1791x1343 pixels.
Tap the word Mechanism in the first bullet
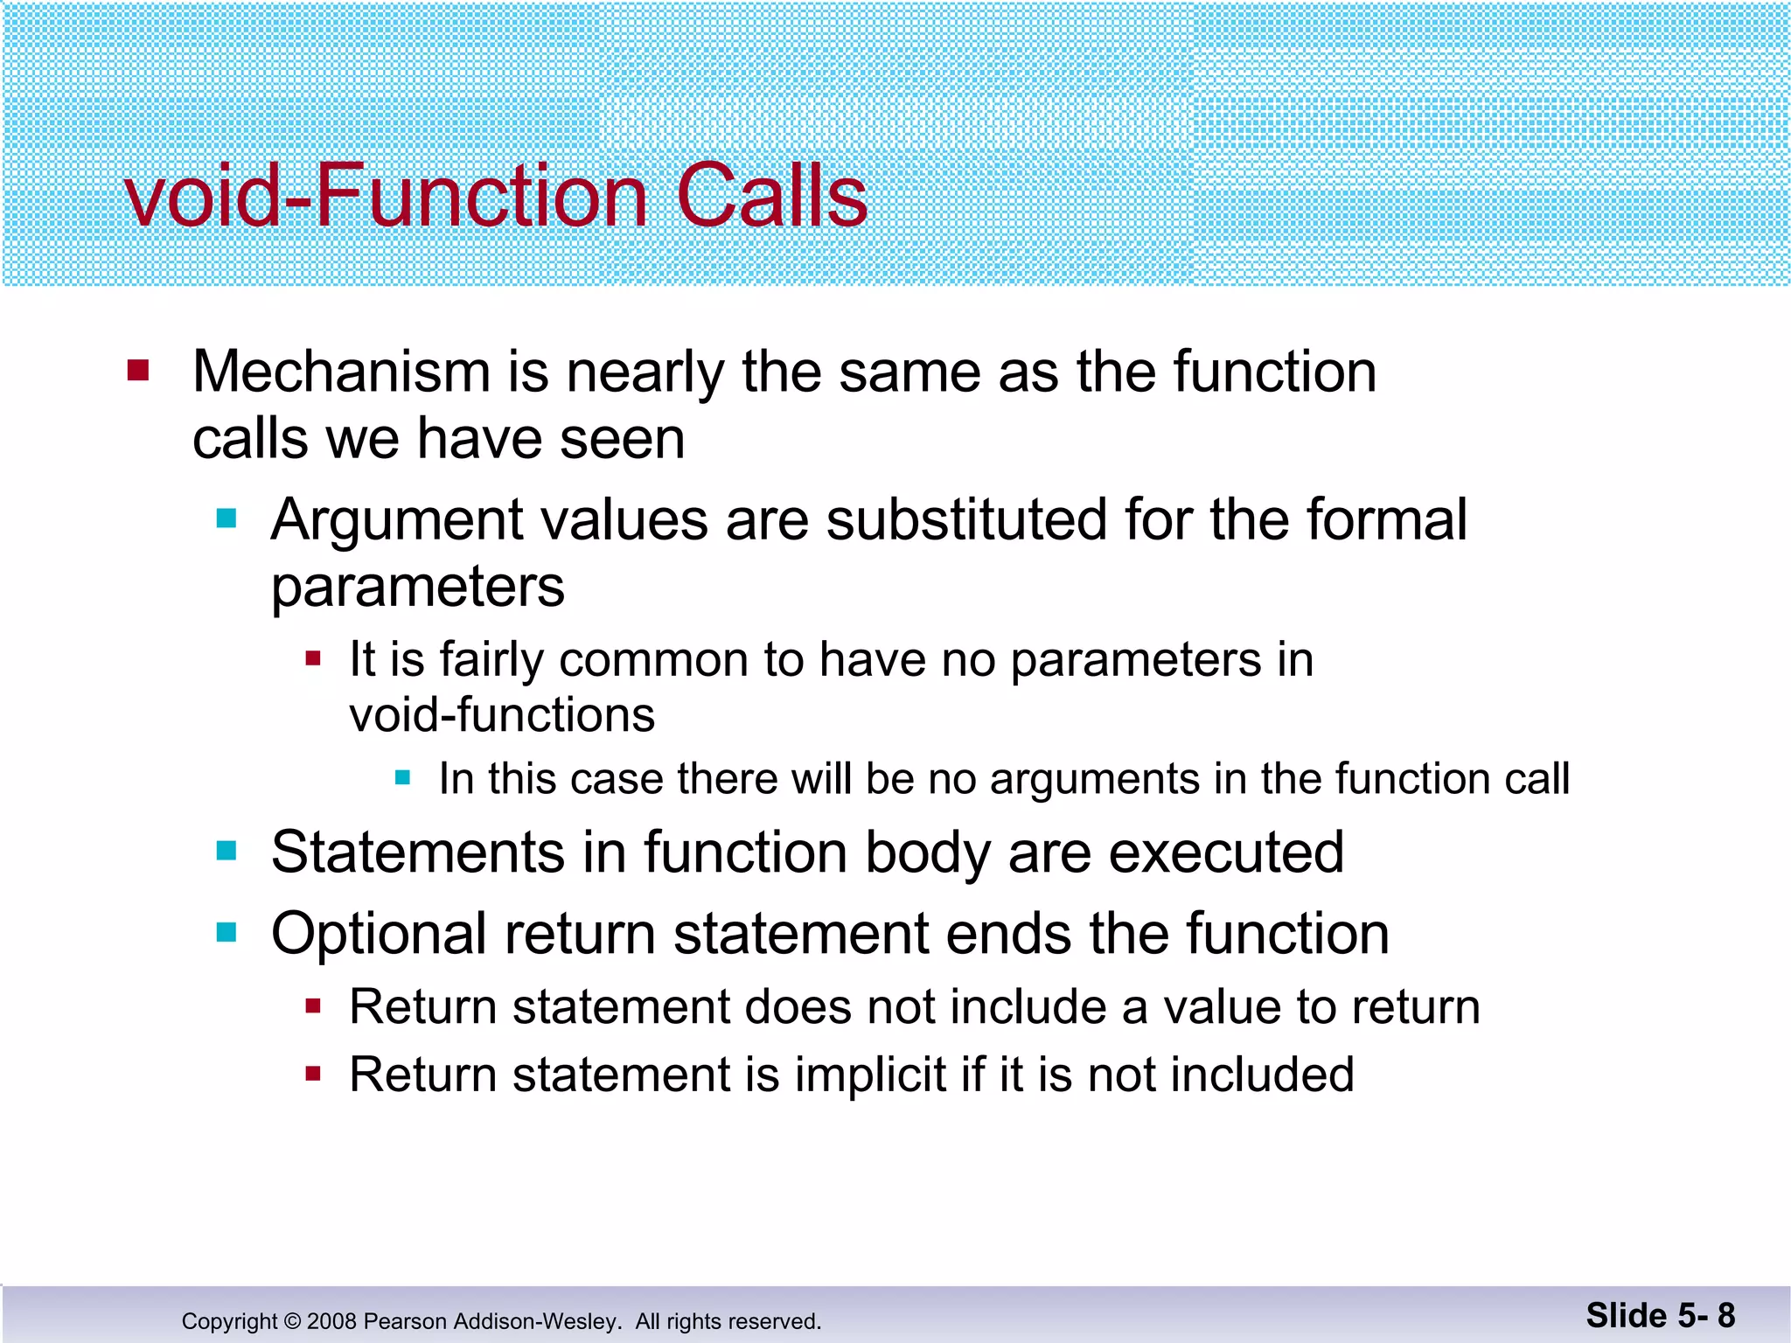click(341, 372)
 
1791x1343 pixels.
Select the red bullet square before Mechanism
click(138, 370)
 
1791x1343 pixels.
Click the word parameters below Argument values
click(418, 587)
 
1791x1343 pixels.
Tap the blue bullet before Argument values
click(226, 518)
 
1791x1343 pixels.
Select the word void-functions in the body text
click(502, 715)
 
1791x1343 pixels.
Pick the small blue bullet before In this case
click(402, 777)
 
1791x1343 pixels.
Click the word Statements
click(418, 852)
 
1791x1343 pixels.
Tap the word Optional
click(379, 934)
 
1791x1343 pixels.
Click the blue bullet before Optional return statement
click(226, 933)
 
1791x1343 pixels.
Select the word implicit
click(870, 1075)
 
